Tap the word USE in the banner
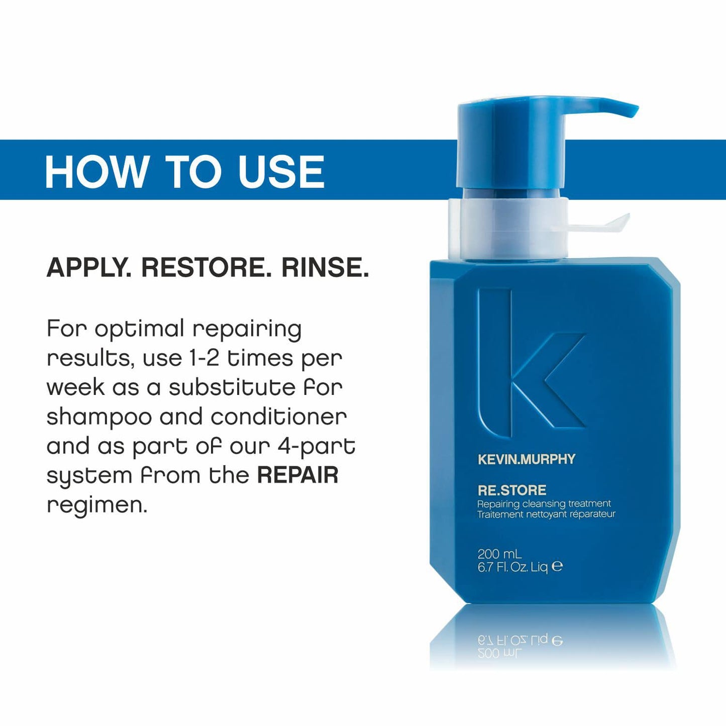pos(281,172)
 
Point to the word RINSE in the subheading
pos(325,267)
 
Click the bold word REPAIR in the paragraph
pos(297,475)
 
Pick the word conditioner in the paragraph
pos(278,417)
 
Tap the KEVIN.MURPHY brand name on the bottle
pos(526,459)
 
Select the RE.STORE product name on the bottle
pos(511,490)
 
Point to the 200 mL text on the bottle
pos(499,554)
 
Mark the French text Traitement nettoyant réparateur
pos(546,514)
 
